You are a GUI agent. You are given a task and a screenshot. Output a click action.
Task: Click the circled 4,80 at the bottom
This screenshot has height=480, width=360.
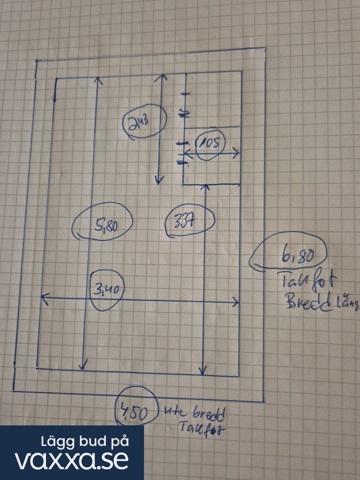coord(132,413)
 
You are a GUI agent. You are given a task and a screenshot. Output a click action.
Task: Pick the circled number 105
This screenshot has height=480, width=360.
coord(206,145)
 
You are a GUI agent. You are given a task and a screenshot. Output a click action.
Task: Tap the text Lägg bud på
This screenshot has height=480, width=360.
coord(85,441)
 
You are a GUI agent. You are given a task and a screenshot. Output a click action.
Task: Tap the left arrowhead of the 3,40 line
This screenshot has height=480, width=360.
coord(43,297)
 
